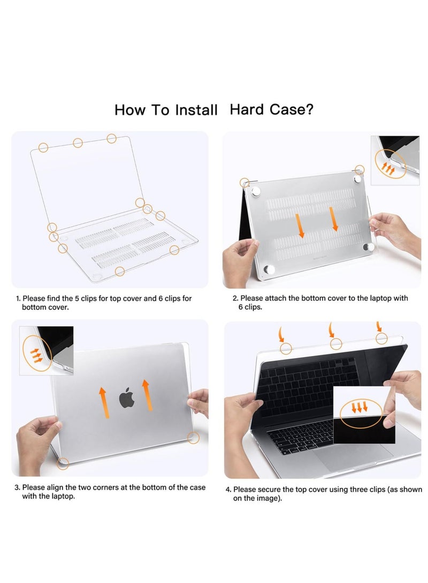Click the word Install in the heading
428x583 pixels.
(x=196, y=110)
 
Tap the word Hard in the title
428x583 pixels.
(x=247, y=110)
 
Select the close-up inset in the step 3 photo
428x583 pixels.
(x=47, y=351)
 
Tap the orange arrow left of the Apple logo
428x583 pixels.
(x=102, y=401)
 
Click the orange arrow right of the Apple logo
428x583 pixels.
(x=147, y=395)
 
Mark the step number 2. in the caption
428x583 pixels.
(x=235, y=298)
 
